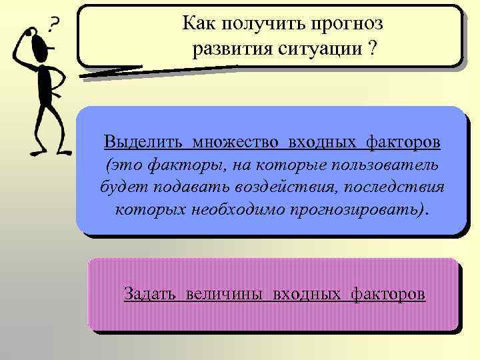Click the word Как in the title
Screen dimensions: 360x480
(x=198, y=25)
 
